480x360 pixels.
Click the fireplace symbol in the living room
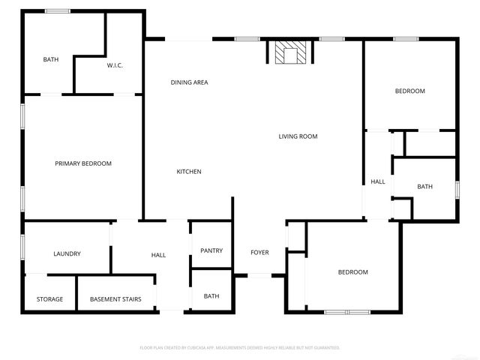click(289, 53)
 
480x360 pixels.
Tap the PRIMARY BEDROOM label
click(83, 163)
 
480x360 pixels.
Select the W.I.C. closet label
click(115, 66)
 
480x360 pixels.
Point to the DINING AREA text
click(189, 82)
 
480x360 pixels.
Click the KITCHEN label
click(189, 172)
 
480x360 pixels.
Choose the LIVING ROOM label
click(298, 136)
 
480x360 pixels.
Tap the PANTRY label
click(211, 250)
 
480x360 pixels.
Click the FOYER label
click(259, 253)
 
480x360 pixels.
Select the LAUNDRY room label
click(67, 254)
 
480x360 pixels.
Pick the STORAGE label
click(50, 299)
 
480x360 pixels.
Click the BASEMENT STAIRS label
click(115, 299)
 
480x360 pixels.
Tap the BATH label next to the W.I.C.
click(50, 59)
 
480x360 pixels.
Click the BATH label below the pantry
click(211, 296)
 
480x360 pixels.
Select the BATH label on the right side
click(425, 187)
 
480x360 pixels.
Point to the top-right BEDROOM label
click(410, 91)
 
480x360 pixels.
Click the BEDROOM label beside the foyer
click(352, 272)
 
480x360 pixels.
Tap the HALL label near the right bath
click(378, 181)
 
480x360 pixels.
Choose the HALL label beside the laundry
click(158, 255)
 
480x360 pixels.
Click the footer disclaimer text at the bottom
click(240, 348)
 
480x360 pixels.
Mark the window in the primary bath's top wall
click(58, 10)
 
